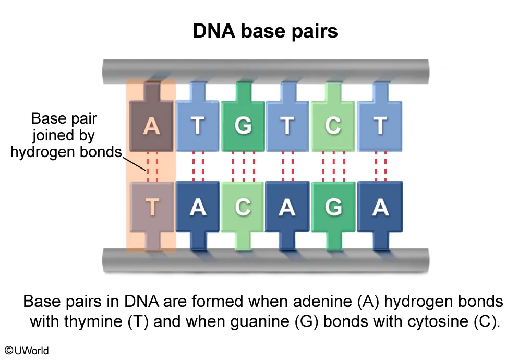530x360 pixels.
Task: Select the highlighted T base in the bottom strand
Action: [x=151, y=207]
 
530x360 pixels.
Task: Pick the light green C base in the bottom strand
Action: [x=243, y=207]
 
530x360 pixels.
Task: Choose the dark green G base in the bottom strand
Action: [x=333, y=207]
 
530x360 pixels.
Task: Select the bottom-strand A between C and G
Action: [x=287, y=207]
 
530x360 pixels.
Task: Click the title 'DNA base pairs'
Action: [x=265, y=31]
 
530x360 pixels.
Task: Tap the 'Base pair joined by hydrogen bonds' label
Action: [x=65, y=135]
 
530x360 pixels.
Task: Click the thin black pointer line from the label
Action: [x=134, y=164]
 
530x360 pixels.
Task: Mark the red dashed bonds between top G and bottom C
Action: [x=243, y=166]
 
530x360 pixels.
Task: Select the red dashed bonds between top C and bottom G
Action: [x=333, y=166]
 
